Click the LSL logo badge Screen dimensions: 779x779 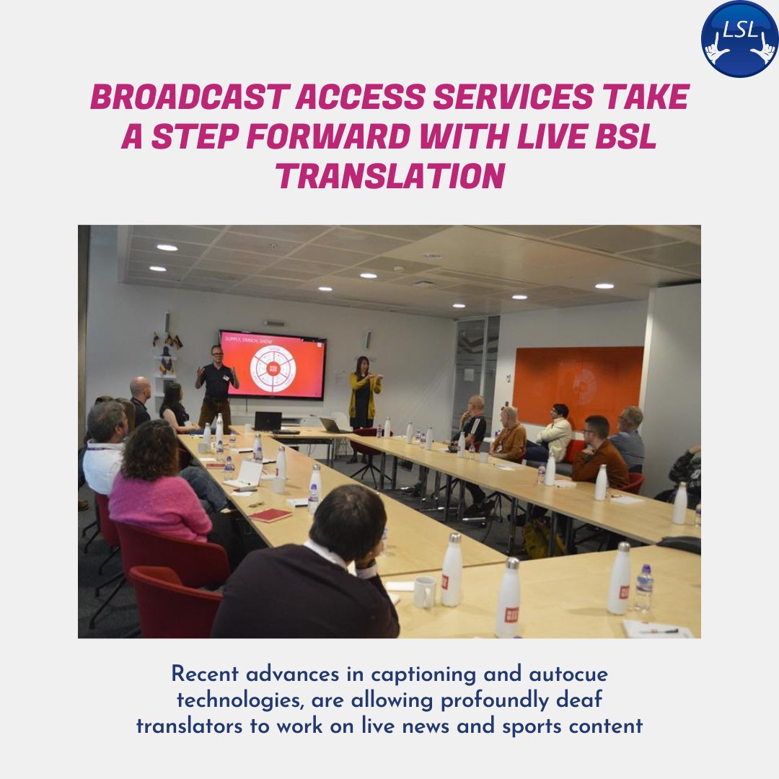click(x=739, y=39)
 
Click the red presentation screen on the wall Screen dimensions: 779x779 click(x=273, y=364)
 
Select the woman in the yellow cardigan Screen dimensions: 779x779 click(x=364, y=393)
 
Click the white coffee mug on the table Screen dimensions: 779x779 click(x=424, y=591)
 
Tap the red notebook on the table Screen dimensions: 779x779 click(x=270, y=515)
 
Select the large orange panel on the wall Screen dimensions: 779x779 click(x=578, y=387)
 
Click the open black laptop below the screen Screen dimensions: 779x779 click(x=268, y=422)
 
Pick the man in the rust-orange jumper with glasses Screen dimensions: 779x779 click(x=599, y=454)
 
